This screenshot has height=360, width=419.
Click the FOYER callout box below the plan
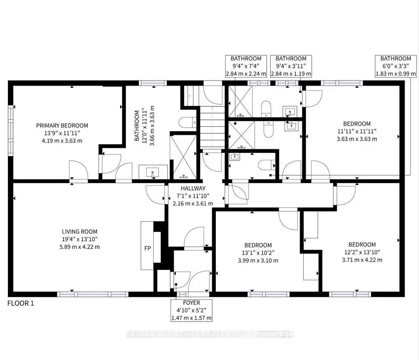pos(191,310)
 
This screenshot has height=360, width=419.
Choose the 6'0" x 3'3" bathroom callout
pos(395,66)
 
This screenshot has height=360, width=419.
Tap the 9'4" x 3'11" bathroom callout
pos(291,66)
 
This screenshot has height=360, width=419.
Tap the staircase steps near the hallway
pos(212,125)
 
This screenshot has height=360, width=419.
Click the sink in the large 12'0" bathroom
pos(153,172)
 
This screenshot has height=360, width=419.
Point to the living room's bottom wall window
pos(92,294)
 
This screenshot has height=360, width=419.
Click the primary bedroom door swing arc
pos(75,168)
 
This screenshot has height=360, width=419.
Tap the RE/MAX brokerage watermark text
pos(209,335)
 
